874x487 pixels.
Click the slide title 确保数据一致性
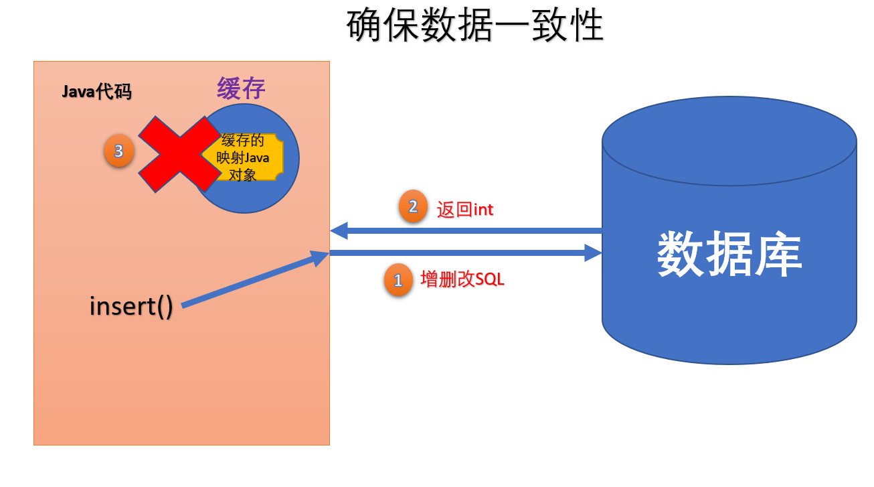coord(475,25)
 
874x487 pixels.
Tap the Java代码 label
coord(96,92)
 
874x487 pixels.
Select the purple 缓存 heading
coord(241,88)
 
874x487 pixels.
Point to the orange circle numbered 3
coord(118,151)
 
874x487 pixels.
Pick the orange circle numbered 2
coord(413,207)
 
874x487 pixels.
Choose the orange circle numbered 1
coord(398,281)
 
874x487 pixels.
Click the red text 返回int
coord(464,210)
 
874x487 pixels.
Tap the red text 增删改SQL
coord(462,279)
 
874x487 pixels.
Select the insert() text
coord(131,306)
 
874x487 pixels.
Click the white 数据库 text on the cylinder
coord(729,255)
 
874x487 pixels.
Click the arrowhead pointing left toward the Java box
coord(339,231)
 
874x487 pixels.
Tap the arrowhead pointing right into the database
coord(594,253)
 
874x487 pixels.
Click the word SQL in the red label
coord(490,279)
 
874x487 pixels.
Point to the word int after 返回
coord(483,210)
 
